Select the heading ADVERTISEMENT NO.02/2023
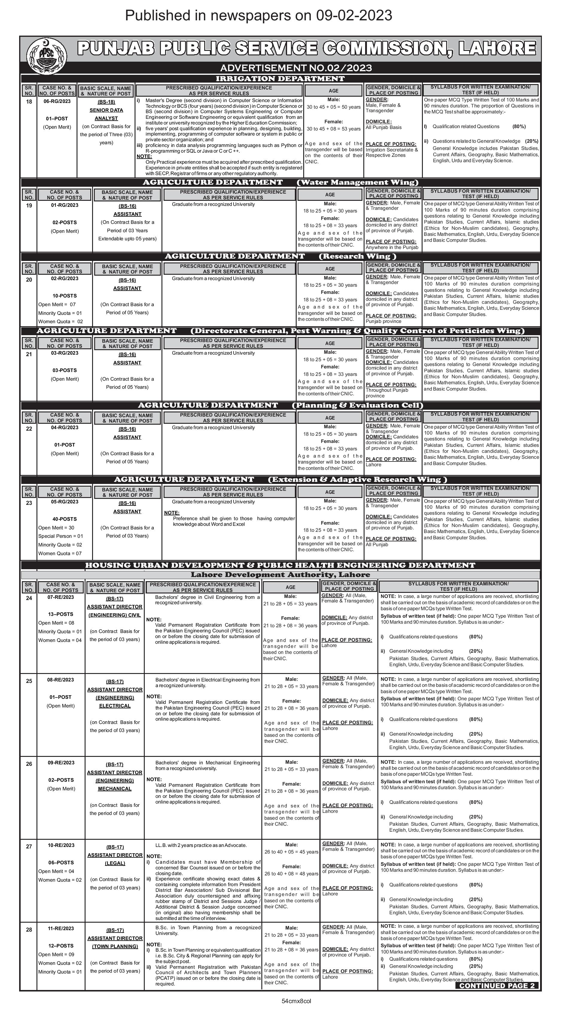pyautogui.click(x=296, y=68)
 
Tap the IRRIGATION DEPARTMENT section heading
pyautogui.click(x=280, y=78)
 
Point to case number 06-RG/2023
pyautogui.click(x=57, y=101)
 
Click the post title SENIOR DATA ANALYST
pyautogui.click(x=106, y=114)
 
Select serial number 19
pyautogui.click(x=29, y=205)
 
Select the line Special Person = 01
pyautogui.click(x=60, y=536)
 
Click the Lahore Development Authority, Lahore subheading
pyautogui.click(x=280, y=575)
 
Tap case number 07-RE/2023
pyautogui.click(x=60, y=597)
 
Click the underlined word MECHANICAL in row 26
pyautogui.click(x=115, y=788)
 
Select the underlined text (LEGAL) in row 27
pyautogui.click(x=115, y=863)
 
